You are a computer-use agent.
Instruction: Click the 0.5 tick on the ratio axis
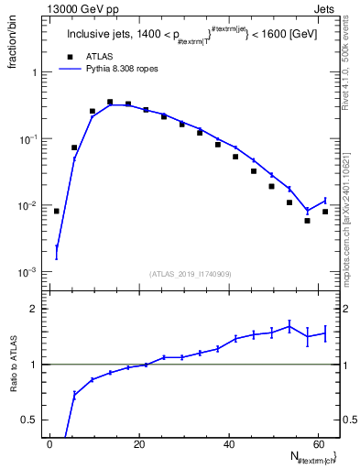pos(34,420)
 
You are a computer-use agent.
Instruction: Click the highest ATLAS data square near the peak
pos(110,103)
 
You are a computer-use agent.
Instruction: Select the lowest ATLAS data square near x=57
pos(308,221)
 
